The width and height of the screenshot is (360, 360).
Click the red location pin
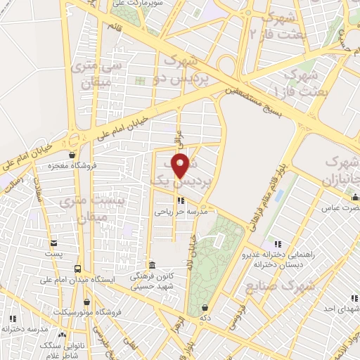[181, 165]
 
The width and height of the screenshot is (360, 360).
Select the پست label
[53, 252]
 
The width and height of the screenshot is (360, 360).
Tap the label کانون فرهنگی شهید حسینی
[150, 282]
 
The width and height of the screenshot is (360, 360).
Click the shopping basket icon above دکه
[204, 307]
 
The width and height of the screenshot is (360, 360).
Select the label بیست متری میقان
[83, 209]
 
